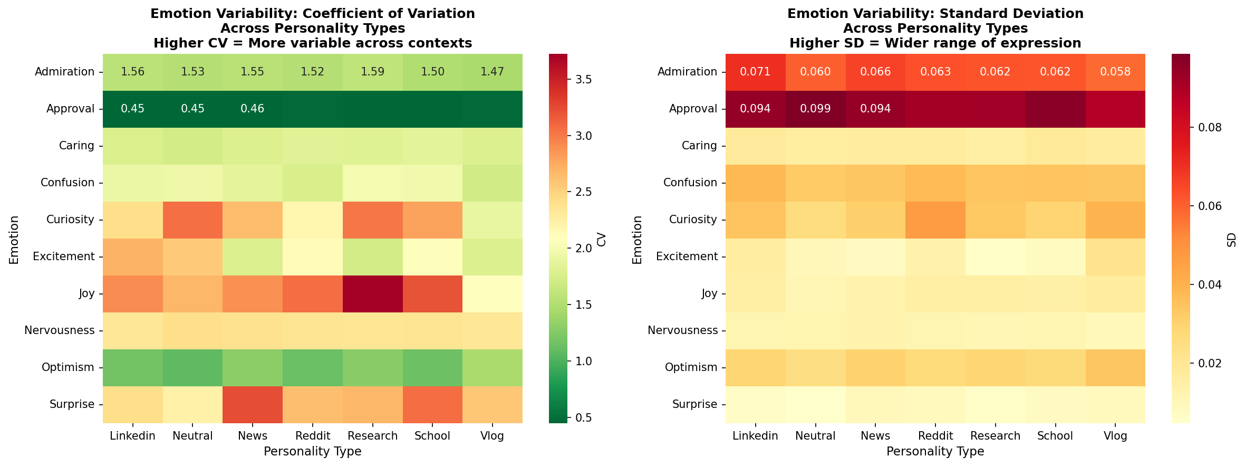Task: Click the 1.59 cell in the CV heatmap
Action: pyautogui.click(x=372, y=72)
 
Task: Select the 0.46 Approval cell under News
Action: pyautogui.click(x=253, y=109)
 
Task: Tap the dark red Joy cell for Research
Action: pyautogui.click(x=372, y=293)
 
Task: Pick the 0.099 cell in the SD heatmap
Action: pyautogui.click(x=815, y=109)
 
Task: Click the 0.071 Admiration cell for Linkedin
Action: pyautogui.click(x=755, y=72)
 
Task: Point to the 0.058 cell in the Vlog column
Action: pyautogui.click(x=1115, y=72)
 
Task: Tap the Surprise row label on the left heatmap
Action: pyautogui.click(x=72, y=404)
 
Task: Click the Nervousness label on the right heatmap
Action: pyautogui.click(x=682, y=330)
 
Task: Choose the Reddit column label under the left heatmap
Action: pyautogui.click(x=313, y=436)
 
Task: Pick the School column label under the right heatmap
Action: pyautogui.click(x=1055, y=436)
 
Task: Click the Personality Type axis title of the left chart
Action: pyautogui.click(x=312, y=451)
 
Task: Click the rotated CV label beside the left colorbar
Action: pyautogui.click(x=602, y=240)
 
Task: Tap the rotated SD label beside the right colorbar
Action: pyautogui.click(x=1231, y=240)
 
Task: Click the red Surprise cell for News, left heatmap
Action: pyautogui.click(x=253, y=404)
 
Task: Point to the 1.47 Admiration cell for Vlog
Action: pyautogui.click(x=493, y=72)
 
